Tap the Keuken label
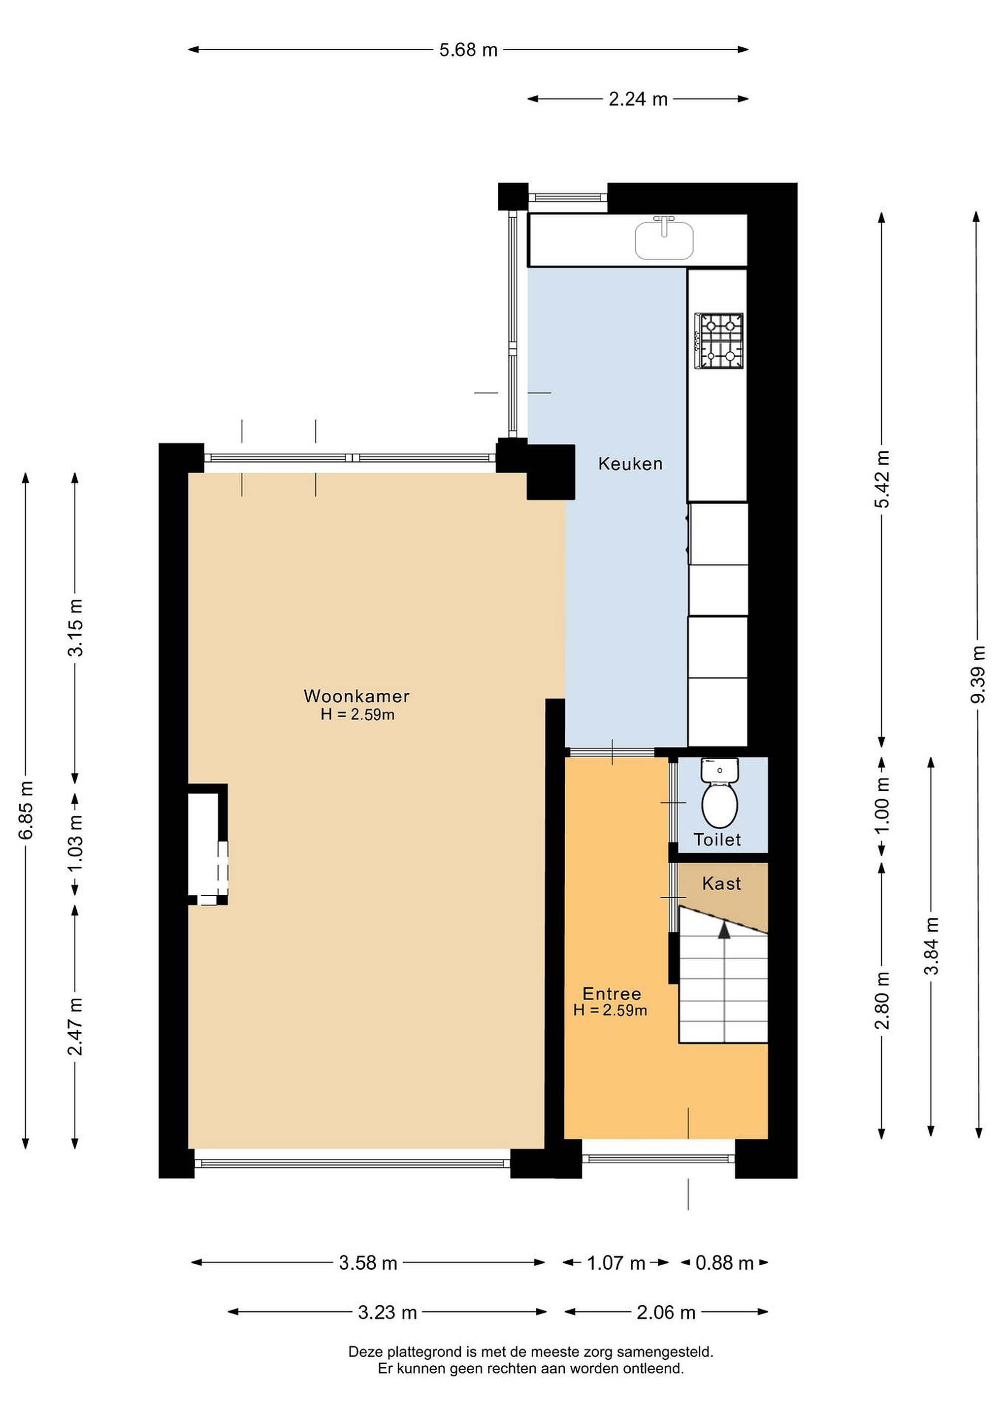click(x=630, y=464)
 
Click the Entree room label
click(x=612, y=994)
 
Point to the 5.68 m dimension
click(x=468, y=49)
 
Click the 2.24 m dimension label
click(x=638, y=99)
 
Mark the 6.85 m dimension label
click(x=26, y=810)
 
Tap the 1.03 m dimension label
click(x=75, y=844)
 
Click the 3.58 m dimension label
click(x=368, y=1263)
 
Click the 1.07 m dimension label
click(x=616, y=1263)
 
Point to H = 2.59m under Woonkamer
click(x=357, y=714)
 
